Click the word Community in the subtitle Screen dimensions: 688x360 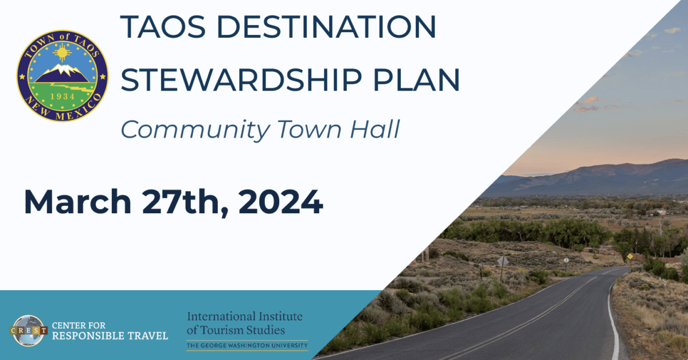196,130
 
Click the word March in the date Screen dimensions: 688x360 78,202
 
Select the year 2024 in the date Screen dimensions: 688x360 280,202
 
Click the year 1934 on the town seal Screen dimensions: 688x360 62,96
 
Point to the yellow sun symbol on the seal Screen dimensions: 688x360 62,53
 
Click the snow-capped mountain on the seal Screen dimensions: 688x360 62,73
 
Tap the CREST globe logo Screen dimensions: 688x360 28,331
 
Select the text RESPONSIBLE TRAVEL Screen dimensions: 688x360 110,336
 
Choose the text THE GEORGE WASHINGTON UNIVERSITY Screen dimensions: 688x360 247,346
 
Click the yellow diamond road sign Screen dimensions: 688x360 630,256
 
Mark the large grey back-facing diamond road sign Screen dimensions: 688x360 503,261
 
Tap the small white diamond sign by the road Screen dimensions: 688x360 566,260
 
